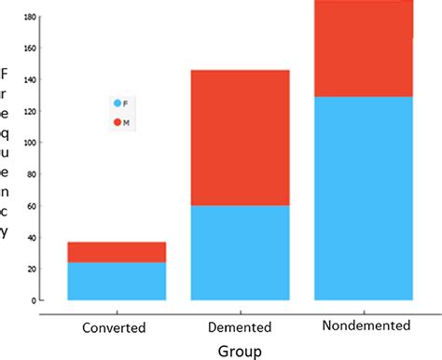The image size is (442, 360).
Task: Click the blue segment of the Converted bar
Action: click(x=117, y=281)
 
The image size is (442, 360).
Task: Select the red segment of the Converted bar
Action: click(x=117, y=252)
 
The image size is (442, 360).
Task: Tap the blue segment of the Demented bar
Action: click(x=241, y=253)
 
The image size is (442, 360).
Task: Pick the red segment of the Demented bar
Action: click(x=241, y=137)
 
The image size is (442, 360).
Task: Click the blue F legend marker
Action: click(x=117, y=103)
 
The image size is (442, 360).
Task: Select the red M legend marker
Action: click(x=117, y=122)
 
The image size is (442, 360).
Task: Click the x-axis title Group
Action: click(x=240, y=351)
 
